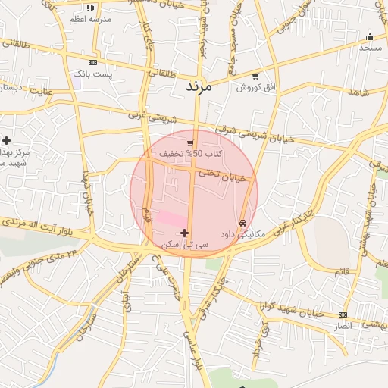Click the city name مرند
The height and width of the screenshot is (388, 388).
[202, 86]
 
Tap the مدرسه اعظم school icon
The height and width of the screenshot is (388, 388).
[91, 8]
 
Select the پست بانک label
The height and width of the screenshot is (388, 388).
[92, 74]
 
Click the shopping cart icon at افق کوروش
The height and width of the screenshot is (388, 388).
[255, 77]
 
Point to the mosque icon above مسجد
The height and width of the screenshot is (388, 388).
[370, 37]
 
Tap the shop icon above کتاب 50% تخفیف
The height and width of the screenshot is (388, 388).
[190, 142]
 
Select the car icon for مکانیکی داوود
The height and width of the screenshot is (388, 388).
[242, 224]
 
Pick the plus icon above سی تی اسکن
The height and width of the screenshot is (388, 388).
[185, 233]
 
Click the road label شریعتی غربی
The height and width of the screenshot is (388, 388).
[145, 117]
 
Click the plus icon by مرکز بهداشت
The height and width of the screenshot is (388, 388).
[7, 140]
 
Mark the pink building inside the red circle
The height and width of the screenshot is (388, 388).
[170, 219]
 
